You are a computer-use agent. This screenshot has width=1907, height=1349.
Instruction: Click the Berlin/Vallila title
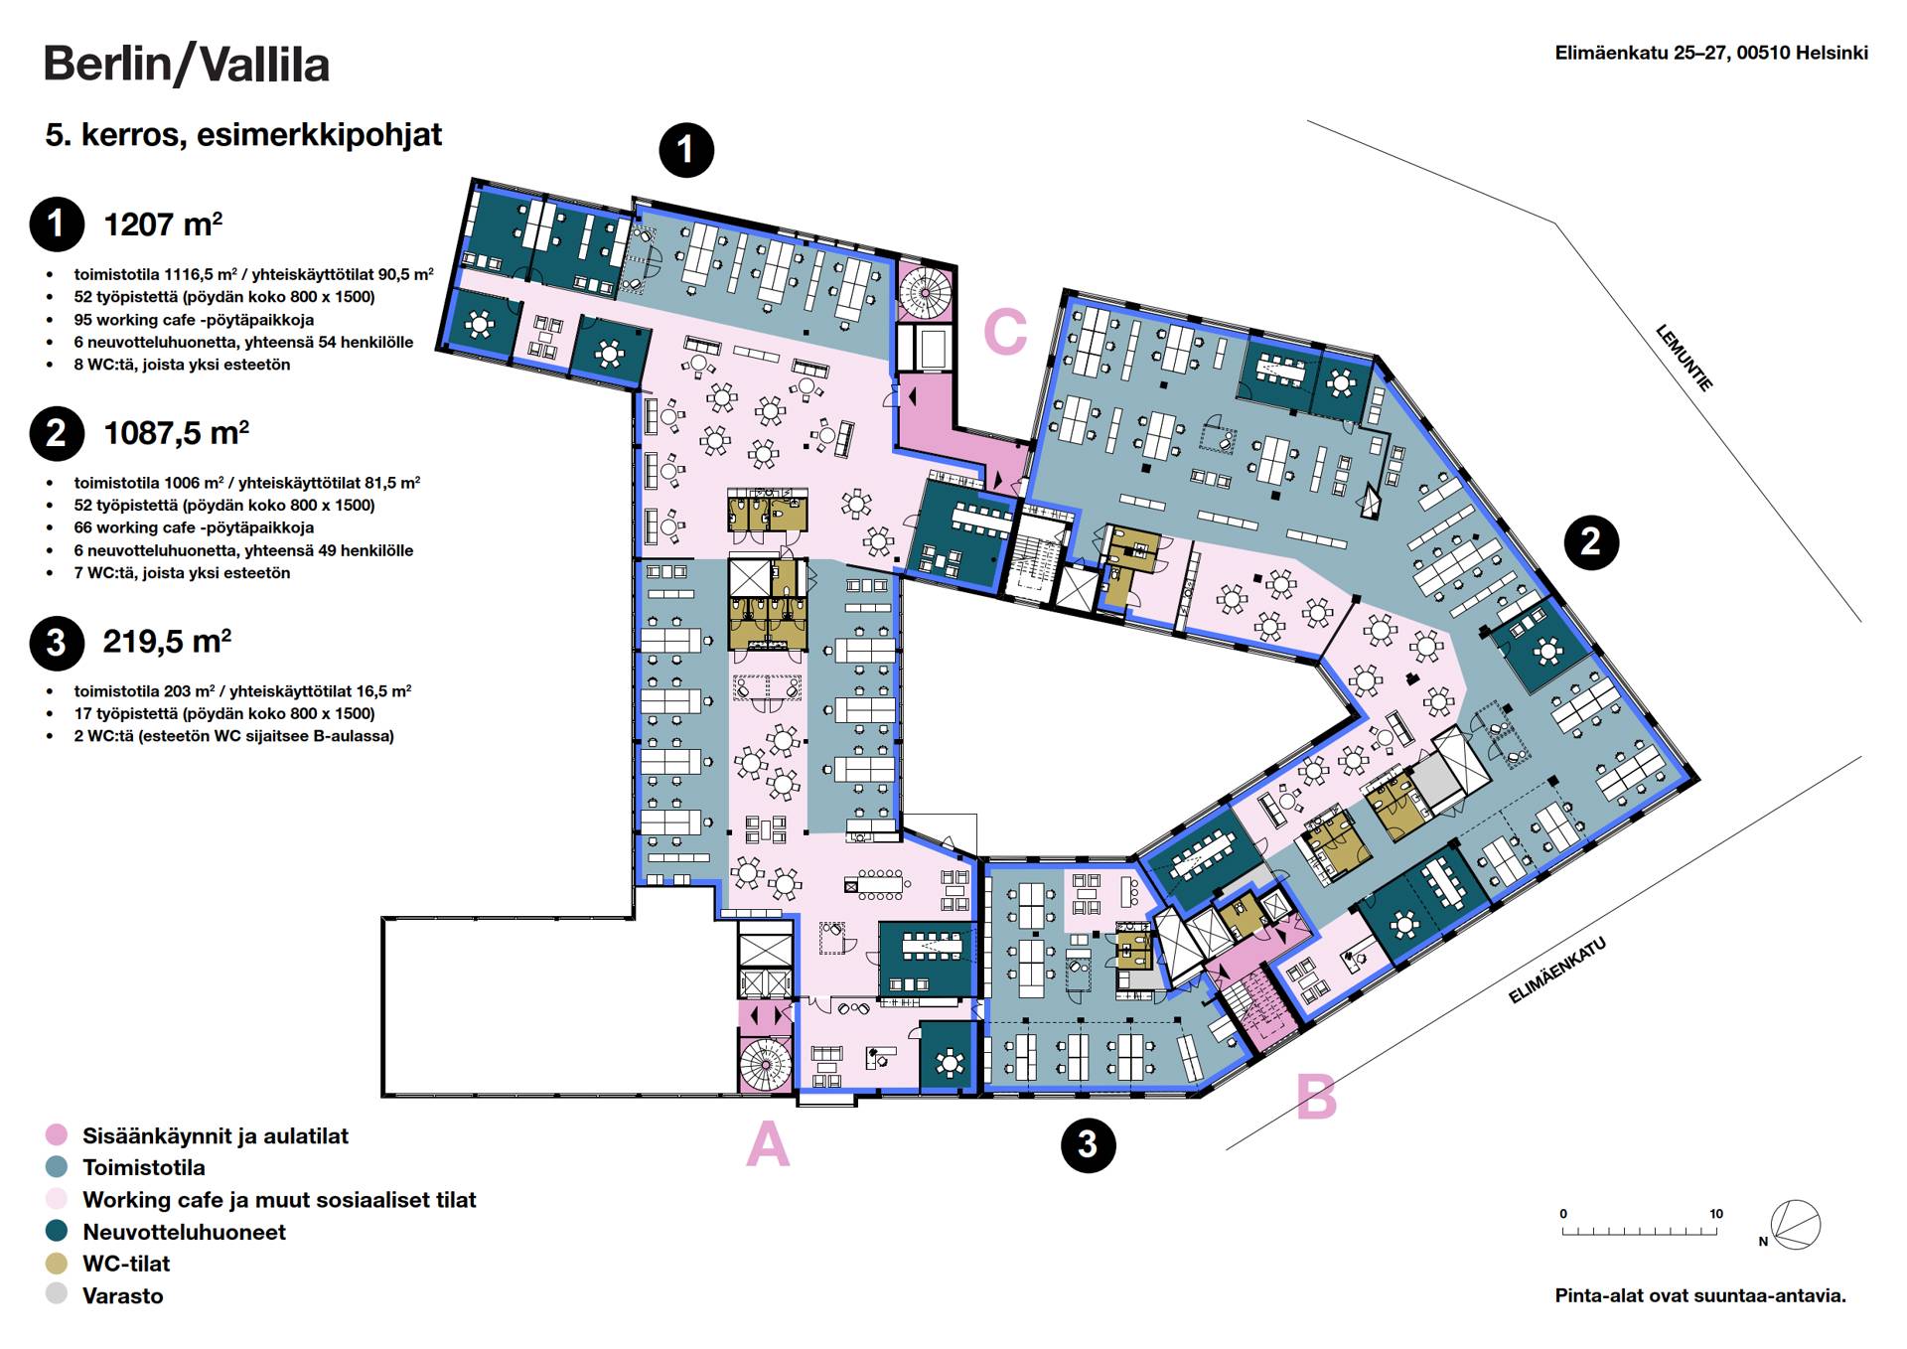(186, 65)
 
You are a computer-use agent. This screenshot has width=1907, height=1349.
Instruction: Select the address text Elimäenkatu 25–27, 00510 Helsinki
(1710, 54)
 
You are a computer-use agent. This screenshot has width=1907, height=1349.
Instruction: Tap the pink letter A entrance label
(768, 1144)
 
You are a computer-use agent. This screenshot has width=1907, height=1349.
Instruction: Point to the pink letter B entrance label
(1316, 1098)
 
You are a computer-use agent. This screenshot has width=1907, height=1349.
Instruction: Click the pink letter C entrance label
(1004, 332)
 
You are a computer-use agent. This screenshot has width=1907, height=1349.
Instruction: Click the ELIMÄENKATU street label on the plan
(1556, 971)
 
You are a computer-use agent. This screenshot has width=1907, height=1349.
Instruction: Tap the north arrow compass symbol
(1795, 1225)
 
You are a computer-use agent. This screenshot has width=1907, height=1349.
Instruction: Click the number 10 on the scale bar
(1715, 1214)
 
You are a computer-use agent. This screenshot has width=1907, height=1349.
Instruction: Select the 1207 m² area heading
(163, 225)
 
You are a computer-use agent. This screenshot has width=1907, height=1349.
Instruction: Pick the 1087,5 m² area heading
(176, 433)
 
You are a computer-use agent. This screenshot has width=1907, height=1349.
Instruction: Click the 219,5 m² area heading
(167, 642)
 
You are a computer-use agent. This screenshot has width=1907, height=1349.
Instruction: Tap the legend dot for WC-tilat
(57, 1264)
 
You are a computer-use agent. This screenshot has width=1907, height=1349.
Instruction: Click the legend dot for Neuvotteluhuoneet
(57, 1232)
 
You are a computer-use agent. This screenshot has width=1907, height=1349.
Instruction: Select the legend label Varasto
(122, 1295)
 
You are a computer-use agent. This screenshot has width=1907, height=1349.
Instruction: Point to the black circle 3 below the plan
(1088, 1144)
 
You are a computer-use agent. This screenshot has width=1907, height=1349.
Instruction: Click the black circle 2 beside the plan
(1590, 541)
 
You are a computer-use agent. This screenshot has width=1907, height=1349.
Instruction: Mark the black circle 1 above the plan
(686, 150)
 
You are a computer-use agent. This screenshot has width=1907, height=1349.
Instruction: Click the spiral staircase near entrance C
(925, 290)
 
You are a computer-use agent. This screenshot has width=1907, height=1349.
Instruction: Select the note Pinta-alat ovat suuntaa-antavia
(1699, 1295)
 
